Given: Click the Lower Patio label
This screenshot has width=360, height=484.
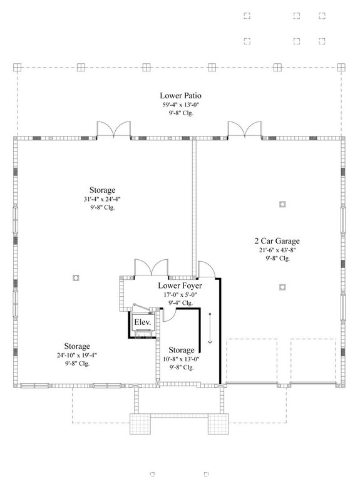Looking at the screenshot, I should coord(180,96).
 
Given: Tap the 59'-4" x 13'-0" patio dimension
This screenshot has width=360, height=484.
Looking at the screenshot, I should coord(180,105).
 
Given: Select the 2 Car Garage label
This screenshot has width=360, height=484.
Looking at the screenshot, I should coord(276,240).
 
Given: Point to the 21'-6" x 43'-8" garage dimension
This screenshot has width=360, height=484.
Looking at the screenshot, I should coord(276,249).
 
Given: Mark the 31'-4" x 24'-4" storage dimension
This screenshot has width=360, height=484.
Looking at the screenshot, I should coord(101,199).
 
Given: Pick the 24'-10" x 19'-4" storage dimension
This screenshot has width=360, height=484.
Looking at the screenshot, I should coord(76,355).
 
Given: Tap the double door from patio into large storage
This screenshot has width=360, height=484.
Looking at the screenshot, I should coord(113,129).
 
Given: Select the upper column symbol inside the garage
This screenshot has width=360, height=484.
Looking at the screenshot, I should coord(282,204).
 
